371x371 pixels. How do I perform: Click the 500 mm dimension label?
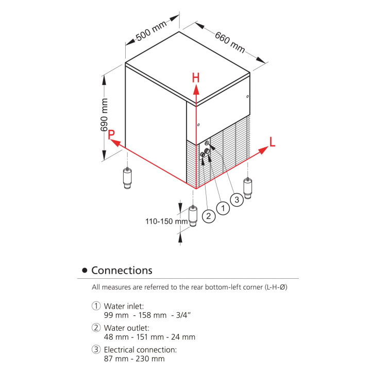(151, 31)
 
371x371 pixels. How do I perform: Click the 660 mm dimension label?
(230, 42)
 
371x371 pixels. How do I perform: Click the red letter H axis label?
(196, 78)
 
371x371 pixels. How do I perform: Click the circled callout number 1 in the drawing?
(223, 208)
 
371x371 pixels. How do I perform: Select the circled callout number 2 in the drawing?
(208, 216)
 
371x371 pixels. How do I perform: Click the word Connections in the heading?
(122, 271)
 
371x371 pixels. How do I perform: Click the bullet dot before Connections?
(85, 271)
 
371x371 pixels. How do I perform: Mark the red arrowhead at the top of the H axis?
(196, 89)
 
